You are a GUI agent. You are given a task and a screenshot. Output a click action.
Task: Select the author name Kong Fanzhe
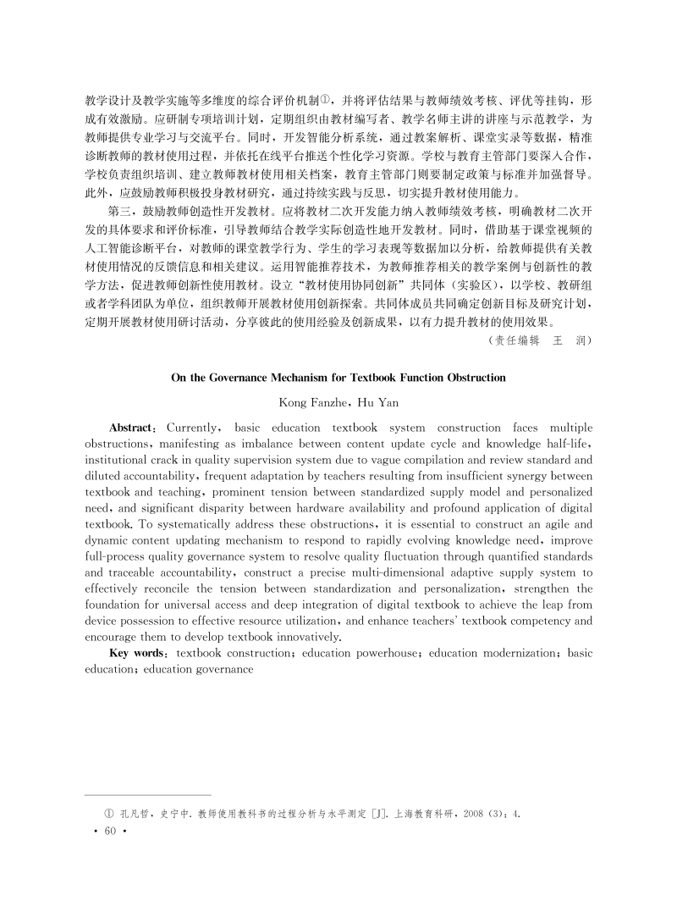click(309, 402)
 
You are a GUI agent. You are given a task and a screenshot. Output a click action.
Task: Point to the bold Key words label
click(138, 653)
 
